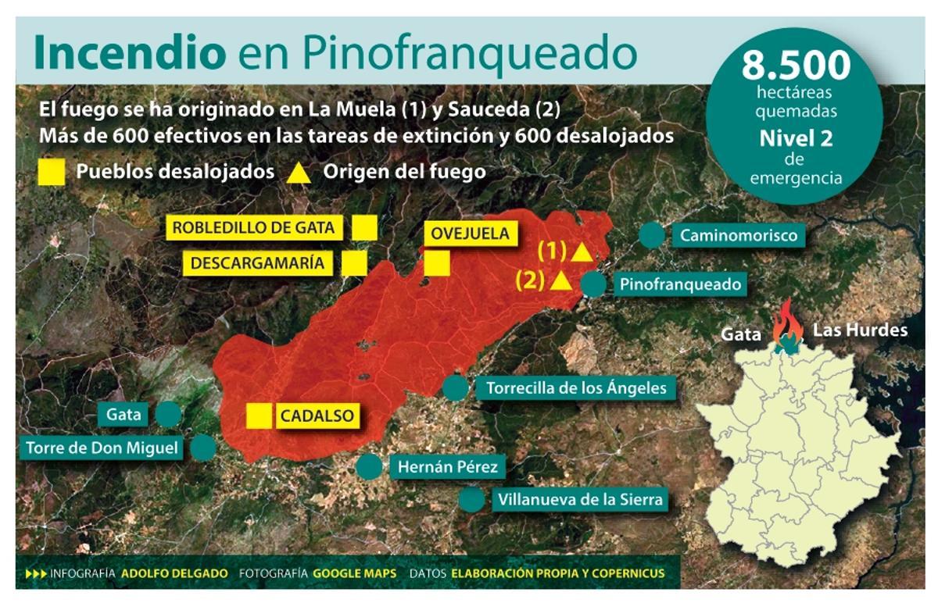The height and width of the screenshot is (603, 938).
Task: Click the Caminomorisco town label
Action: point(738,235)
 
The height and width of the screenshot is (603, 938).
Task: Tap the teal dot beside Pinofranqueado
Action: point(594,284)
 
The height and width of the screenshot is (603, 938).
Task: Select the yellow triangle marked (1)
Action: point(581,252)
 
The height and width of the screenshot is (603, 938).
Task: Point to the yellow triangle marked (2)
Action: point(559,281)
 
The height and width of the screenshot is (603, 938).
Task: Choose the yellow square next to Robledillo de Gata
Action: point(364,228)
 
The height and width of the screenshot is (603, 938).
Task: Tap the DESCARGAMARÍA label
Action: point(257,263)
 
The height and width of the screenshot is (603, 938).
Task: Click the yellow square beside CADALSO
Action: point(259,416)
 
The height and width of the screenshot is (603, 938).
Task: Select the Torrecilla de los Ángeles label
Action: point(575,388)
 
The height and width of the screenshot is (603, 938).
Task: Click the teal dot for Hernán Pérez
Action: point(369,466)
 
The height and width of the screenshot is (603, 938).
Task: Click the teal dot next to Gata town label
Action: point(168,414)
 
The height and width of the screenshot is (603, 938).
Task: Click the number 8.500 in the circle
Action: point(796,65)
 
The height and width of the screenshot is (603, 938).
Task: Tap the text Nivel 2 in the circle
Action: point(796,140)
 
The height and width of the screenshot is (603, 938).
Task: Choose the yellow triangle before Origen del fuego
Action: point(297,172)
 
